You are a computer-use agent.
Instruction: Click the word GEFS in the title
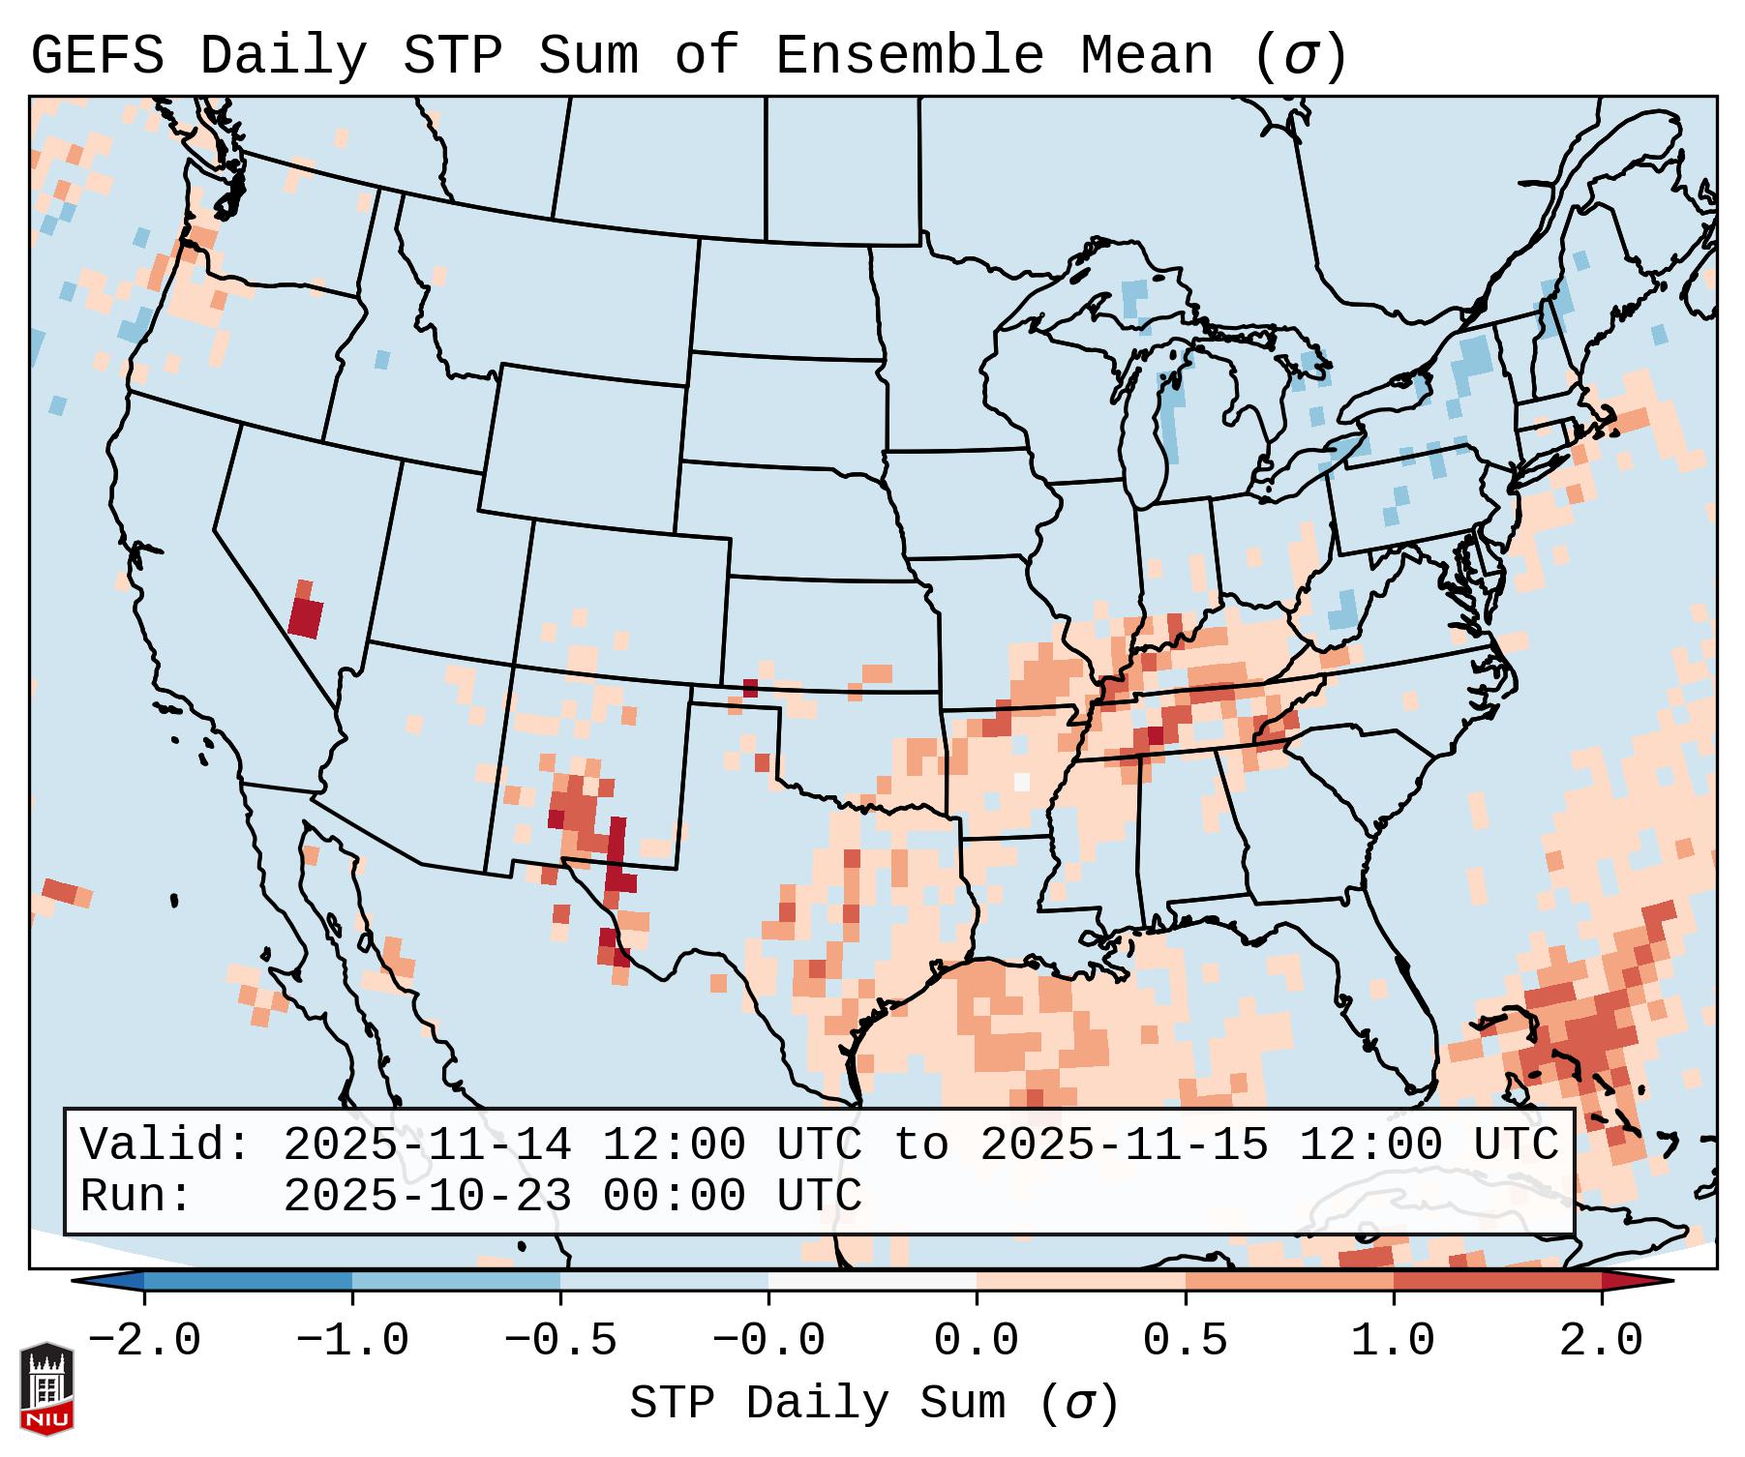[97, 55]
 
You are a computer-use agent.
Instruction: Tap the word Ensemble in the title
[909, 55]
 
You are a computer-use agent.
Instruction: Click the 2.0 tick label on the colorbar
[1601, 1341]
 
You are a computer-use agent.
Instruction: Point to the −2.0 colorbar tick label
[144, 1341]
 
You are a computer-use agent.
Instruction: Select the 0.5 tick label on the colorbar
[1185, 1341]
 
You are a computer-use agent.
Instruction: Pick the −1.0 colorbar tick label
[352, 1341]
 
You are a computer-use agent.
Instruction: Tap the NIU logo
[46, 1388]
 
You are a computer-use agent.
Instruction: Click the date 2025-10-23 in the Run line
[427, 1196]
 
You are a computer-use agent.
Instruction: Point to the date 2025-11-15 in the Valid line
[1124, 1145]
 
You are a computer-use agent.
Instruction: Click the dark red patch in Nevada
[306, 616]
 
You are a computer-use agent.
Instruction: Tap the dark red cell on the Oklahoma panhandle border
[750, 688]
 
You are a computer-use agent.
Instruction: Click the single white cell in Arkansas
[1022, 781]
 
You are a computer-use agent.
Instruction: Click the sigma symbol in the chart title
[1300, 57]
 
